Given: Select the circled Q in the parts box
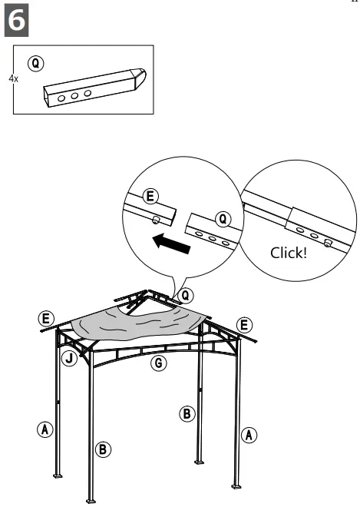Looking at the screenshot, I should tap(34, 61).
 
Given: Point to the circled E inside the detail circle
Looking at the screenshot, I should tap(152, 197).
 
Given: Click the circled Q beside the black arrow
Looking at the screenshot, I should tap(222, 220).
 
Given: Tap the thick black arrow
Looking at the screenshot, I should tap(171, 246).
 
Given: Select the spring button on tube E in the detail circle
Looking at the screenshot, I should tap(157, 220).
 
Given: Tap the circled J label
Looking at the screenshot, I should tap(70, 358).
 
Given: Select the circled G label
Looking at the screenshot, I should tap(158, 363).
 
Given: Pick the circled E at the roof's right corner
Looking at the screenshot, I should tap(246, 324).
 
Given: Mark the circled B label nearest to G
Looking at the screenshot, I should tap(187, 413).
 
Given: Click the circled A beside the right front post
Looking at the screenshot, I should tap(249, 435).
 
